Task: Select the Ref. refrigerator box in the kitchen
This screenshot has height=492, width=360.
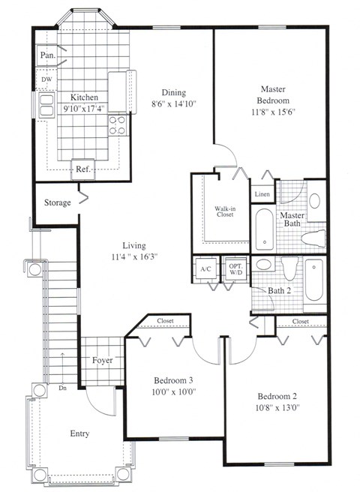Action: pyautogui.click(x=82, y=169)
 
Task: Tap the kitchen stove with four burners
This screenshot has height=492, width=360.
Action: pyautogui.click(x=117, y=124)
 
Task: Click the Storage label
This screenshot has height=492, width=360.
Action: pyautogui.click(x=57, y=202)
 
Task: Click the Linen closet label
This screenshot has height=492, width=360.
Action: pyautogui.click(x=262, y=194)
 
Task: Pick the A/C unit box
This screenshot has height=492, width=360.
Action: pyautogui.click(x=205, y=268)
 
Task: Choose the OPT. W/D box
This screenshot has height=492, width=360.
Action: pyautogui.click(x=235, y=268)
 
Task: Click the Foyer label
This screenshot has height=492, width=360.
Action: pyautogui.click(x=102, y=360)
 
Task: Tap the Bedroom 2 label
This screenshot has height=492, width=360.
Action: pyautogui.click(x=278, y=396)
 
